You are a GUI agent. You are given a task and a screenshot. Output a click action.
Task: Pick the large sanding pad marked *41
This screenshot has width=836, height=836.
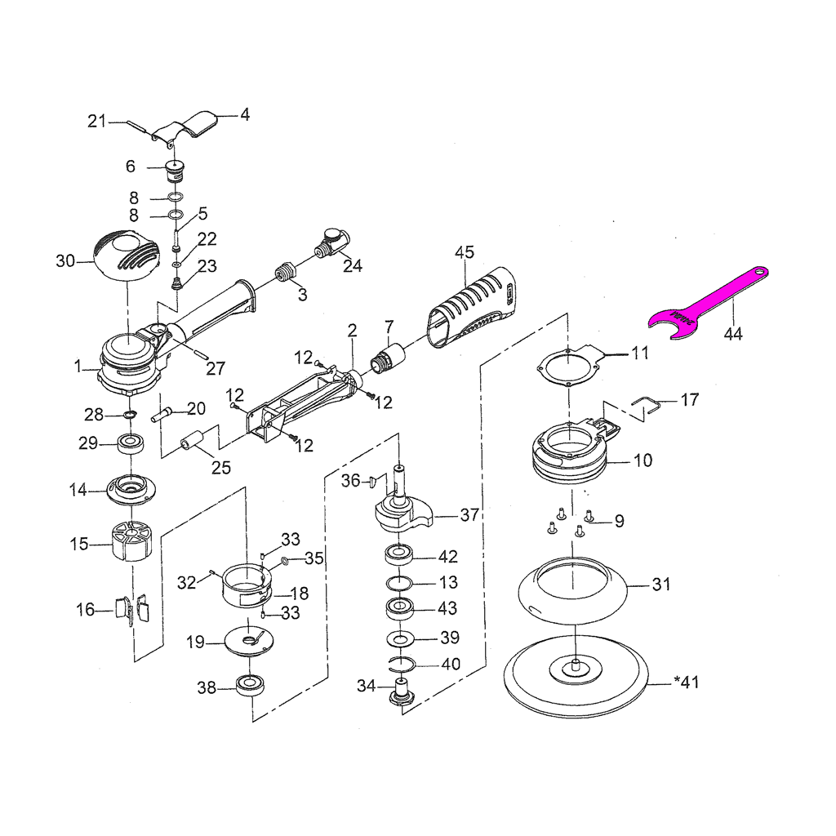576,673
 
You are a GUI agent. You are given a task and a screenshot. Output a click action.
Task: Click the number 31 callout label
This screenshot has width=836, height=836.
661,585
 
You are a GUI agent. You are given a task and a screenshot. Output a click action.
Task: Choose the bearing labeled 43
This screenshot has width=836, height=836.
400,609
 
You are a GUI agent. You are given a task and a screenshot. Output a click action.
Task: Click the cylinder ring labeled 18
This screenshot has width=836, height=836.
247,583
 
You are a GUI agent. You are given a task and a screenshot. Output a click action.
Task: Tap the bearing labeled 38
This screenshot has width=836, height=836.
249,686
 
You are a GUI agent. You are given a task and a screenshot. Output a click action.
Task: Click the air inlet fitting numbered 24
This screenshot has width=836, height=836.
332,243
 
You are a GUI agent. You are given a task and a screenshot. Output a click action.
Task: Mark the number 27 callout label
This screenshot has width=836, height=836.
216,369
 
